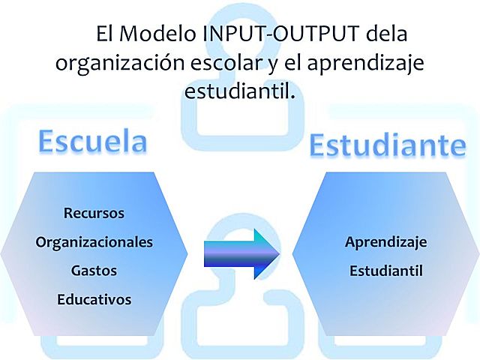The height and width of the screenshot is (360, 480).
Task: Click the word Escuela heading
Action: (x=92, y=141)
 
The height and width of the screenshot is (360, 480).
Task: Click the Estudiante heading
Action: (x=387, y=145)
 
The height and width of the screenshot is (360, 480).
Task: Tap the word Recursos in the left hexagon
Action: (x=94, y=213)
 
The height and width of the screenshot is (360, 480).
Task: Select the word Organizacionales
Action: (x=94, y=242)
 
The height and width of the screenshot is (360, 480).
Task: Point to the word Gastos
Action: (x=94, y=270)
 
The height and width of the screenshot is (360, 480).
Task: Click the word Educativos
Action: (x=94, y=299)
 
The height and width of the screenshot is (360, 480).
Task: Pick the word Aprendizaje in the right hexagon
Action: (x=385, y=242)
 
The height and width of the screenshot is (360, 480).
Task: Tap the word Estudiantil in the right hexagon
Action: (x=385, y=270)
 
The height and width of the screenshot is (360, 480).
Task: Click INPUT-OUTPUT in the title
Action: (x=285, y=34)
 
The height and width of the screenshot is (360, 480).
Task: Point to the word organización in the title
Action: (x=119, y=63)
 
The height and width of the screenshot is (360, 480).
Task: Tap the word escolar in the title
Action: (x=226, y=63)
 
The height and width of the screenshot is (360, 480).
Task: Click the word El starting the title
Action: (x=103, y=34)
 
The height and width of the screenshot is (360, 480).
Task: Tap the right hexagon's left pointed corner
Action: (x=292, y=253)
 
